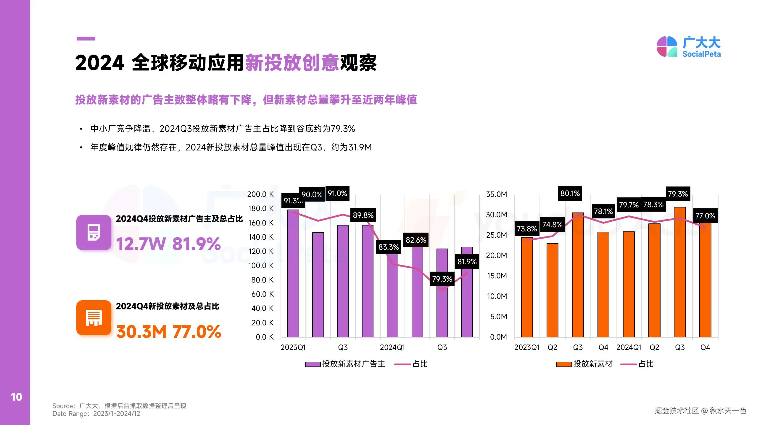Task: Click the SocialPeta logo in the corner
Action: (688, 47)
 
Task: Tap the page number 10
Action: (16, 397)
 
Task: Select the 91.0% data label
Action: (337, 194)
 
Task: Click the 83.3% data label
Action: (389, 247)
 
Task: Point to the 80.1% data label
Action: (570, 194)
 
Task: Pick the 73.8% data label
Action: (527, 229)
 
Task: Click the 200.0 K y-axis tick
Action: (260, 194)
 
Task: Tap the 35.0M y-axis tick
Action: (496, 194)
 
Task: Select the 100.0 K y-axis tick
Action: (261, 265)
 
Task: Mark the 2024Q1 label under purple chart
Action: (392, 347)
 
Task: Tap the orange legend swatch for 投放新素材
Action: (564, 364)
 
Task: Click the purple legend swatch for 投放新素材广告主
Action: (313, 364)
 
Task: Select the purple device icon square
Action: (94, 232)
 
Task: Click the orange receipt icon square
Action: (94, 318)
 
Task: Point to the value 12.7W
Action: (141, 244)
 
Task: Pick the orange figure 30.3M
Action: (141, 332)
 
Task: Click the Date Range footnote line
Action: (96, 414)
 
